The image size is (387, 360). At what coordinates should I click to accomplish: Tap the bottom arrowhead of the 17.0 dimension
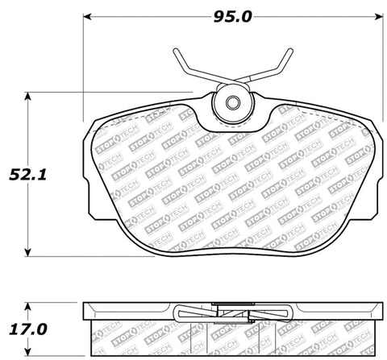tap(31, 354)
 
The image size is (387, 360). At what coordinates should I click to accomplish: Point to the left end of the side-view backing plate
tap(85, 308)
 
